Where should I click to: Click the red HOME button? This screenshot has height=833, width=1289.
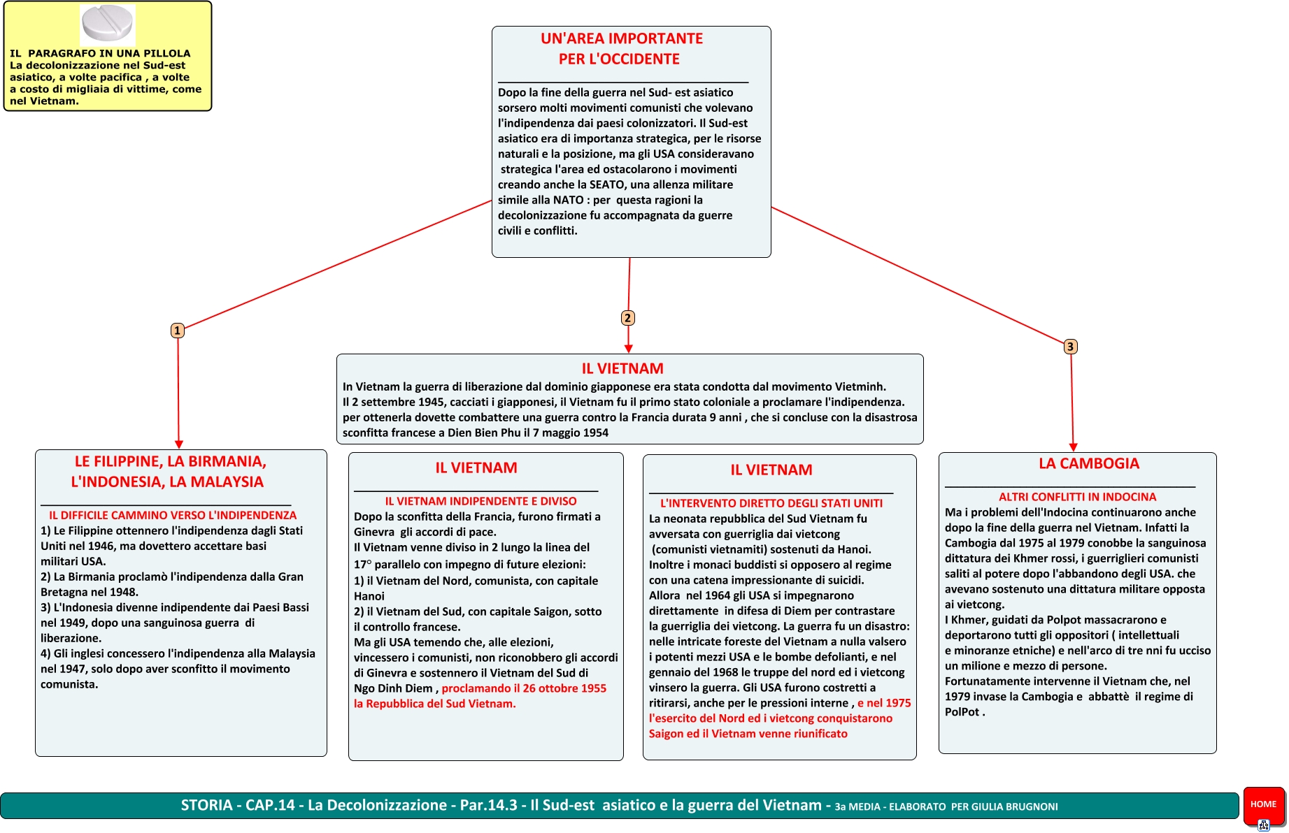(x=1263, y=804)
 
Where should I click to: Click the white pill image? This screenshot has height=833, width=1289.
(x=107, y=23)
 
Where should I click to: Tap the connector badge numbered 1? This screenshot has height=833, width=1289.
(x=178, y=331)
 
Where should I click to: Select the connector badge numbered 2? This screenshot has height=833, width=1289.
(x=627, y=318)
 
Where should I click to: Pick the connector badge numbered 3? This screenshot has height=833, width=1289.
(x=1070, y=347)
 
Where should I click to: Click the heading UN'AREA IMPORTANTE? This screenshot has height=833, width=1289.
(x=621, y=39)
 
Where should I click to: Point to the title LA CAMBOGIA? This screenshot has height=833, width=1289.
(x=1088, y=464)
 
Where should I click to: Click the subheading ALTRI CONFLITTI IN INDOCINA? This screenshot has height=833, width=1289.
(x=1077, y=497)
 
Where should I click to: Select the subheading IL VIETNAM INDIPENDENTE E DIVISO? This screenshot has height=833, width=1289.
(x=480, y=501)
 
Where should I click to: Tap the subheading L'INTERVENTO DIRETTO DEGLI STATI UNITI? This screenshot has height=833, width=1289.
(x=771, y=503)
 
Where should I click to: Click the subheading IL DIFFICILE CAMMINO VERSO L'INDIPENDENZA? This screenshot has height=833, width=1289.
(x=173, y=515)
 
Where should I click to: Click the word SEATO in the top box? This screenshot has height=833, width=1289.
(x=606, y=184)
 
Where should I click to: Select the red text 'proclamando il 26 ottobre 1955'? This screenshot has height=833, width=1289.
(x=524, y=688)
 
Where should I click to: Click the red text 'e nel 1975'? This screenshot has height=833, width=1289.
(x=884, y=703)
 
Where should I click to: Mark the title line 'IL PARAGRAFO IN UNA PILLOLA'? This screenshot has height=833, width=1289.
(x=100, y=53)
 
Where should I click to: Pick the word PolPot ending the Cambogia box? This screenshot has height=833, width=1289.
(x=962, y=711)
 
